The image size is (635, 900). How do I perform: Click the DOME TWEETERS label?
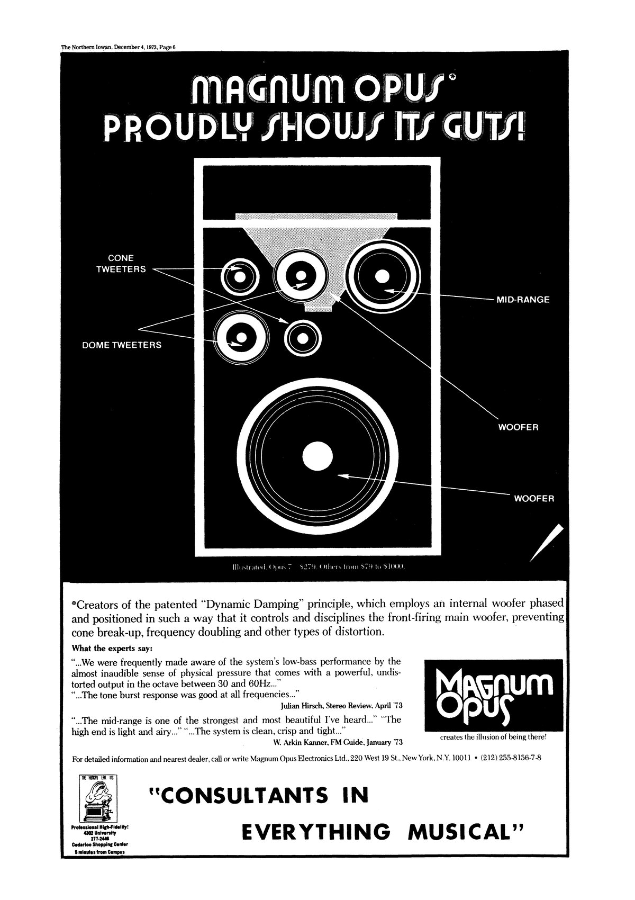[121, 345]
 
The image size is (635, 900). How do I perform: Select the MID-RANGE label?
[522, 300]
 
